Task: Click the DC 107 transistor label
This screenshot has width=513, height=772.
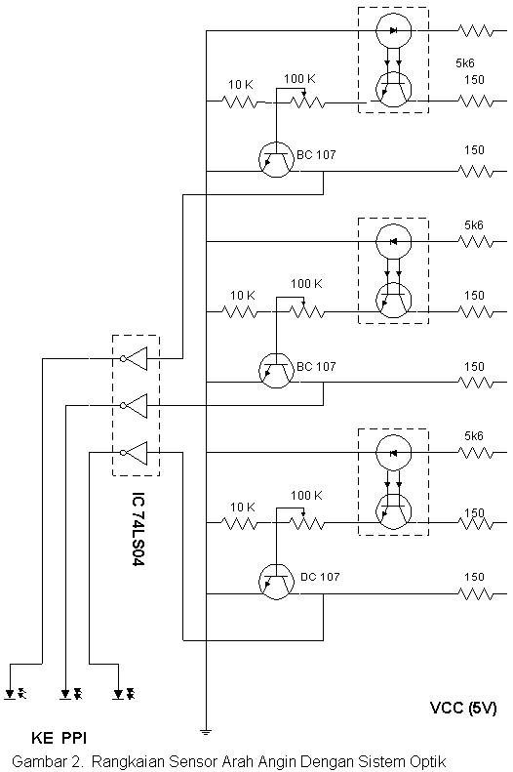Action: tap(320, 577)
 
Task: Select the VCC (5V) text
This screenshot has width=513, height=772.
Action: tap(463, 708)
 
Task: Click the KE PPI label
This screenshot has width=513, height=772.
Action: tap(59, 738)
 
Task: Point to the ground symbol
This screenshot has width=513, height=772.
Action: tap(206, 731)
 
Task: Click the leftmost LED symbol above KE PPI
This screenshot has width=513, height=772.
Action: tap(16, 694)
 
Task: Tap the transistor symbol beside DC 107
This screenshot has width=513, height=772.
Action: tap(276, 582)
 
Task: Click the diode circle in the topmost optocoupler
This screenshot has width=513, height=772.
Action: tap(393, 30)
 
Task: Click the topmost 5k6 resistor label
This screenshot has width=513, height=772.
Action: tap(465, 63)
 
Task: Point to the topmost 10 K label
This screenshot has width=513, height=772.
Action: tap(241, 85)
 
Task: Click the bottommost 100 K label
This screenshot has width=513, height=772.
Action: tap(306, 495)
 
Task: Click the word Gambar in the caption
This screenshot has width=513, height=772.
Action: tap(35, 761)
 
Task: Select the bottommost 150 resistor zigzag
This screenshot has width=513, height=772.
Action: tap(475, 594)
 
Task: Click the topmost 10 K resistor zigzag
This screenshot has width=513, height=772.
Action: tap(240, 102)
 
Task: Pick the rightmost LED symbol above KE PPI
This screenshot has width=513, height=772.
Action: tap(123, 694)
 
